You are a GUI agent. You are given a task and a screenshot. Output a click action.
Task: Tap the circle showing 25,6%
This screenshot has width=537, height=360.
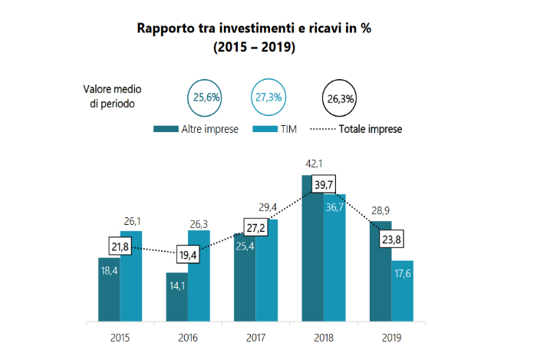click(x=206, y=97)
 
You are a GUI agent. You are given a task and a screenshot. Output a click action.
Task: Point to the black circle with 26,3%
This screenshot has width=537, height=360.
click(x=340, y=98)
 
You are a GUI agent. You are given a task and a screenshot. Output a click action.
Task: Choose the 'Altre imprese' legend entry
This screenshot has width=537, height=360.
click(x=196, y=129)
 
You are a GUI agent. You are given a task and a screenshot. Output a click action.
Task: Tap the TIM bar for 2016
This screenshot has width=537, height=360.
click(x=199, y=276)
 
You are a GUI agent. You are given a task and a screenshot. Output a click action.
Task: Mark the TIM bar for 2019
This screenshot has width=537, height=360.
click(x=402, y=292)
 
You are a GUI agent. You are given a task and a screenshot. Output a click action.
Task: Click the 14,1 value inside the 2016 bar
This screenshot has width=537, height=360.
click(x=176, y=288)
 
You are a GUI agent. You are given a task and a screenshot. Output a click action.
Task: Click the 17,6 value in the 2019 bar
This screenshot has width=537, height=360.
click(x=402, y=275)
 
